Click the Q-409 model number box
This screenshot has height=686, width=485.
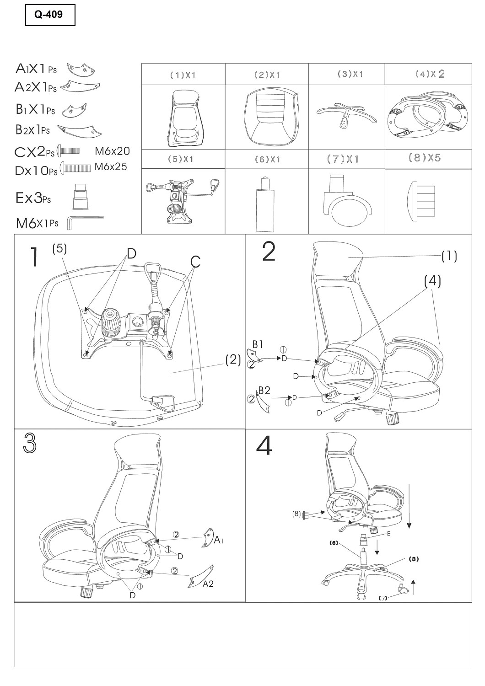tap(50, 15)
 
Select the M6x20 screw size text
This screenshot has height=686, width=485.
tap(112, 151)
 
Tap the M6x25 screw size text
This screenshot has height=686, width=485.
tap(111, 166)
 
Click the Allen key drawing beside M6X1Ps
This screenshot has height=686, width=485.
tap(85, 223)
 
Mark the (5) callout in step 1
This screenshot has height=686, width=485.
tap(59, 249)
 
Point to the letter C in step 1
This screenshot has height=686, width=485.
tap(195, 262)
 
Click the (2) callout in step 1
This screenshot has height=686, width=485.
tap(233, 360)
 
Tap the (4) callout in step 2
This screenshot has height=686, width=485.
tap(432, 281)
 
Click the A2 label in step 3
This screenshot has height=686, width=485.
tap(208, 584)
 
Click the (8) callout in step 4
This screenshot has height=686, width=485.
tap(296, 514)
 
